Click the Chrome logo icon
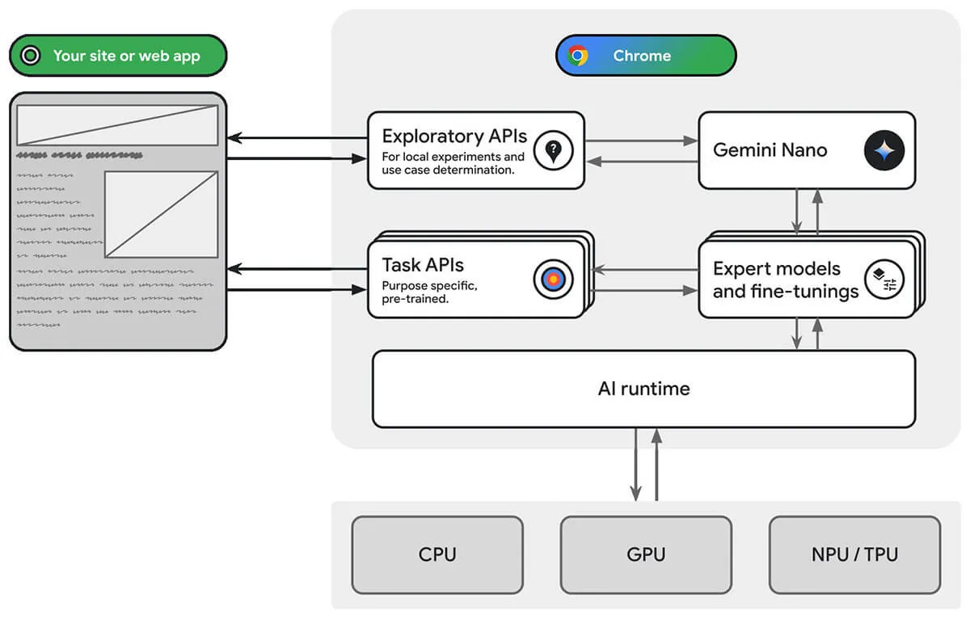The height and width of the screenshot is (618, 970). coord(578,56)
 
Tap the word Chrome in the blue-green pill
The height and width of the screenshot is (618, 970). coord(642,56)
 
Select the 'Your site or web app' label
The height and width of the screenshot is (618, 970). coord(126,56)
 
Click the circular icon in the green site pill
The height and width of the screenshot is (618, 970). coord(31,56)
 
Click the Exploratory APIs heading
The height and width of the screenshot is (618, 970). coord(453,136)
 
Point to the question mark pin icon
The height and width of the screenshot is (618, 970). coord(553,150)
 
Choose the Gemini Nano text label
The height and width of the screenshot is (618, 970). coord(770,150)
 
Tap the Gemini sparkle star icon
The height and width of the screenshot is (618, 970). coord(884,150)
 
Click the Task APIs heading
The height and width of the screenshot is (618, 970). coord(423,265)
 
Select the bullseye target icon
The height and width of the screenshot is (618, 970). coord(553,280)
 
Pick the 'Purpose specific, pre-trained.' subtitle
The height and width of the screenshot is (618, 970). coord(429,292)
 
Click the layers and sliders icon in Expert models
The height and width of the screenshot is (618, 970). coord(884,280)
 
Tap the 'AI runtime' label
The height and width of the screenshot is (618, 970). coord(643,389)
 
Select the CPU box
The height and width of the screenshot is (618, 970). coord(437,555)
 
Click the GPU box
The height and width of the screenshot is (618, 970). coord(646,555)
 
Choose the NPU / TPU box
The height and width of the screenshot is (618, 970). coord(854,555)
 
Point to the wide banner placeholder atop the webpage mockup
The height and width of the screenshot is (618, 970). coord(117,125)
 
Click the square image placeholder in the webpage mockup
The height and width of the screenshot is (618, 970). coord(162,214)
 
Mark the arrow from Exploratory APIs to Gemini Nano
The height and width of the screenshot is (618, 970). coord(641,141)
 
